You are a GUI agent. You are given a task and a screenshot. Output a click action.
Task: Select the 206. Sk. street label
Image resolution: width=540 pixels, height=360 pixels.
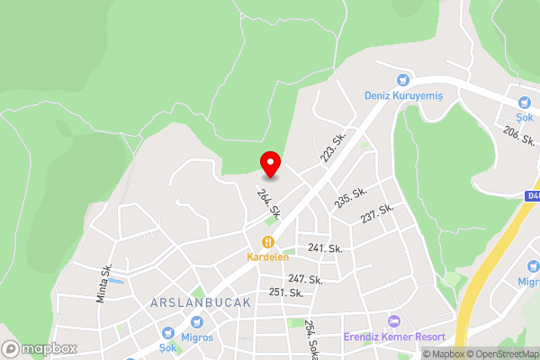tap(519, 137)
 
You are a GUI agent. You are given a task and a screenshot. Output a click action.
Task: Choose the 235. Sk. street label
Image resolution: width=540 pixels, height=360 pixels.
tap(350, 198)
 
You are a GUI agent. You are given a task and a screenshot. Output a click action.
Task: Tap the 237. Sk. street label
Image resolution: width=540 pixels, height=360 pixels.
tap(377, 214)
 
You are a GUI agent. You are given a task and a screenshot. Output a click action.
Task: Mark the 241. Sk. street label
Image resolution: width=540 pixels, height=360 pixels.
tap(325, 248)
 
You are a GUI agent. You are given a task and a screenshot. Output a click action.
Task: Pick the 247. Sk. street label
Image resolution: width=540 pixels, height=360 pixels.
tap(305, 280)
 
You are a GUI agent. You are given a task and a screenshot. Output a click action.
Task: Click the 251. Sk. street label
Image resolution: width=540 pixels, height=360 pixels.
tap(285, 292)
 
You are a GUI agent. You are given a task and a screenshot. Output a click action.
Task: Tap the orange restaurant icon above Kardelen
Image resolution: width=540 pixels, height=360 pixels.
tap(267, 242)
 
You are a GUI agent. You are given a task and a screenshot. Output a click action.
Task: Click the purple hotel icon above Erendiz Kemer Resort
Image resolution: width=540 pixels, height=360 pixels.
tap(392, 321)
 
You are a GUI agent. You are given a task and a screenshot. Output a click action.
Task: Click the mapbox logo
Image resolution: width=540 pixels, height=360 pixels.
tap(38, 348)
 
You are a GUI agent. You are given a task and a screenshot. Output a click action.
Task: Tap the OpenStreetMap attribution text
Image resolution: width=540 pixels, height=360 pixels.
tap(501, 354)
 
